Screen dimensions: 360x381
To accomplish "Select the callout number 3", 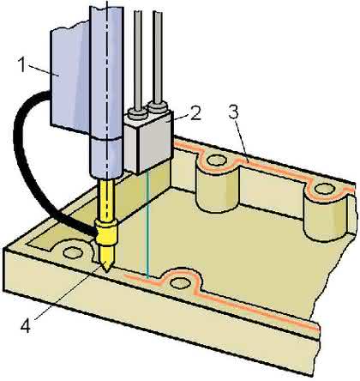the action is (x=233, y=112).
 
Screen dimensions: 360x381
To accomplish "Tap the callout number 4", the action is (x=25, y=326).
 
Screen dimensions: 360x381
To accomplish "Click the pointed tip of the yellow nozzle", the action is (x=106, y=271).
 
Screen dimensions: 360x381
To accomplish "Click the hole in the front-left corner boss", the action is (x=73, y=252).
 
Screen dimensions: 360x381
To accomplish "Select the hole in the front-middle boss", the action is (x=181, y=283).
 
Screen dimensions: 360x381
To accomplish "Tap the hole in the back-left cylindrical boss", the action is (x=216, y=160).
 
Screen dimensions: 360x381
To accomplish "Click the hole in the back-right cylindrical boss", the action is (x=324, y=189).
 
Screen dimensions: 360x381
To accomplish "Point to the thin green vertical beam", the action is (x=147, y=221).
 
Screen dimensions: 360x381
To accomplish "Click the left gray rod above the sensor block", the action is (x=138, y=60).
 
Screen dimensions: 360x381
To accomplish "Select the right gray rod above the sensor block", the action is (x=158, y=57).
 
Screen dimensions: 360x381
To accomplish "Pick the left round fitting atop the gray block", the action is (x=137, y=114).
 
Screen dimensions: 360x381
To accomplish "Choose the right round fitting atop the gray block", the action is (x=158, y=107).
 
